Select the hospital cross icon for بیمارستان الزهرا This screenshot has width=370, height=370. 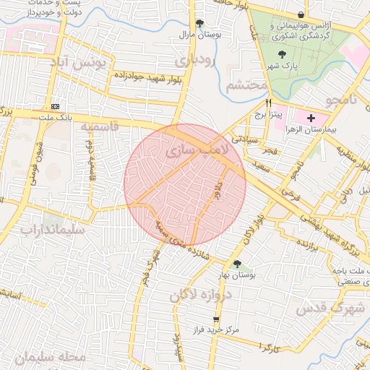click(311, 118)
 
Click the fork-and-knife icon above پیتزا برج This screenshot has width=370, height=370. click(269, 103)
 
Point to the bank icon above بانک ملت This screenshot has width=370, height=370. click(56, 106)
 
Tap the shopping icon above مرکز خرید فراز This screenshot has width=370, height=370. click(215, 319)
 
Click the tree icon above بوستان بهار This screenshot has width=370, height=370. click(237, 264)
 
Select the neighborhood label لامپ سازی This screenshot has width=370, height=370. click(196, 151)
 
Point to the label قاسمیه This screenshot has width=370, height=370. click(99, 128)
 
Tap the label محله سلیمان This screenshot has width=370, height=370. click(49, 358)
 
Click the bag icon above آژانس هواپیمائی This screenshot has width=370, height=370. click(301, 14)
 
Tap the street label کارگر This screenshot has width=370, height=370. click(270, 349)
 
